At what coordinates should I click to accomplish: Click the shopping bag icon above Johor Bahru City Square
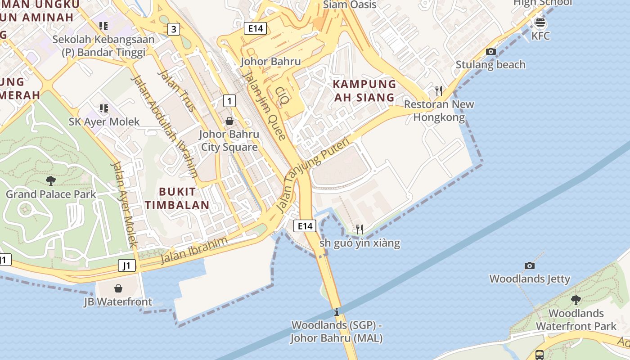point(229,121)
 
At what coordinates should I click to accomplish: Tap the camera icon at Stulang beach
point(491,51)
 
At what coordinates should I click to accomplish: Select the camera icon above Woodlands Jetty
point(530,265)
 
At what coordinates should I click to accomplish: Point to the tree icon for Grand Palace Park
point(51,181)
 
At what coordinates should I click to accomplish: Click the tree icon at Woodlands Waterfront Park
point(576,300)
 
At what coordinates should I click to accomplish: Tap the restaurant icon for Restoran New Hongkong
point(439,91)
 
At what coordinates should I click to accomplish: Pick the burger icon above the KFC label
point(540,22)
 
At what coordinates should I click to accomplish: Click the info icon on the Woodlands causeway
point(337,312)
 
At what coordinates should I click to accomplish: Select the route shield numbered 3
point(174,30)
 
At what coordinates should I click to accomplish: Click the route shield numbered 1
point(229,101)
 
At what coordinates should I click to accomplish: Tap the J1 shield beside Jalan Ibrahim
point(127,265)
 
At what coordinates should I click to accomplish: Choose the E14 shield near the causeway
point(305,226)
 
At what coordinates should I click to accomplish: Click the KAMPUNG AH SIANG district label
point(364,90)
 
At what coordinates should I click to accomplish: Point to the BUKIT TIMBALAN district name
point(177,198)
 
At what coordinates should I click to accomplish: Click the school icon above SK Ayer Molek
point(103,108)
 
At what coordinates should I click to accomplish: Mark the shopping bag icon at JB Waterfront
point(118,288)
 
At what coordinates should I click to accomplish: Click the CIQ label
point(282,96)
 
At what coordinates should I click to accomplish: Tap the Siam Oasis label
point(350,5)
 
